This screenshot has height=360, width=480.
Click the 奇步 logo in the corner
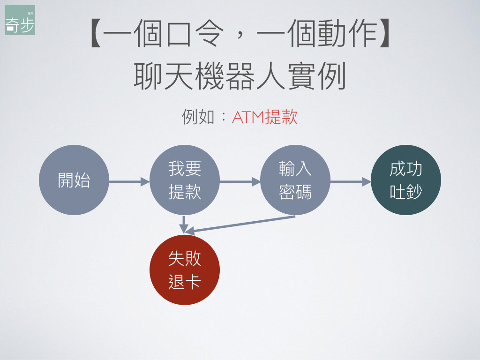point(20,20)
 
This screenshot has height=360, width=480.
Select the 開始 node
point(74,180)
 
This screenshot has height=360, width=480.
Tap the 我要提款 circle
point(184,180)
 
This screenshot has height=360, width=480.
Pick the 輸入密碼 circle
point(295,180)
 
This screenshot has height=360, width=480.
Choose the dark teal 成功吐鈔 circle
point(405,180)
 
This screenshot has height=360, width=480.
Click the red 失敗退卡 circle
point(184,270)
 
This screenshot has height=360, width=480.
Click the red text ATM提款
point(265,117)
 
